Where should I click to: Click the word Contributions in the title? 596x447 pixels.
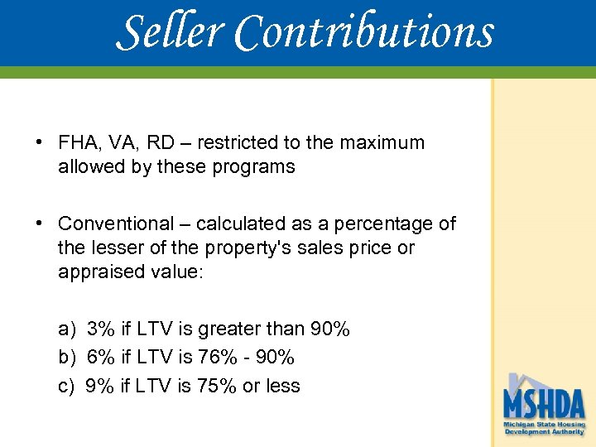364,32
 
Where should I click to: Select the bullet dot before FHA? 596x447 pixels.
40,142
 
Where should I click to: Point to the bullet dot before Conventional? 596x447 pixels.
40,223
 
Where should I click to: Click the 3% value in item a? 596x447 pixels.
100,329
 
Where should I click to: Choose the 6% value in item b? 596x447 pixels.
100,358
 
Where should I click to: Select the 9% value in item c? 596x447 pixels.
100,386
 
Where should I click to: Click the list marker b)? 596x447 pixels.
67,358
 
